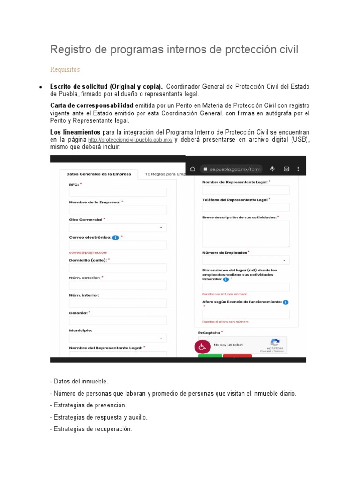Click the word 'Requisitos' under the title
coord(65,70)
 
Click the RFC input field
coord(118,192)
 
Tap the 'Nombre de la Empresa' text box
coord(118,210)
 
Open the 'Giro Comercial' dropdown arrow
coord(161,228)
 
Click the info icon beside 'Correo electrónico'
coord(115,238)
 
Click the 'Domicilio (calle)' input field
coord(118,268)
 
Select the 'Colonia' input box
coord(118,321)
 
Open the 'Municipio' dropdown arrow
coord(161,338)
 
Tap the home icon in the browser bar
coord(192,169)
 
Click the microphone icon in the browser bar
coord(272,169)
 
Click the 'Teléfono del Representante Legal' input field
coord(246,207)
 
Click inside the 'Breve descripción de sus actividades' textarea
coord(246,233)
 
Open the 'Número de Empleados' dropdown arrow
coord(284,260)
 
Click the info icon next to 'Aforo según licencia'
coord(285,302)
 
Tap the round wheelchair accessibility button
coord(202,347)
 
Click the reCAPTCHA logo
coord(275,343)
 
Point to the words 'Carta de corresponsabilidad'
coord(92,105)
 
